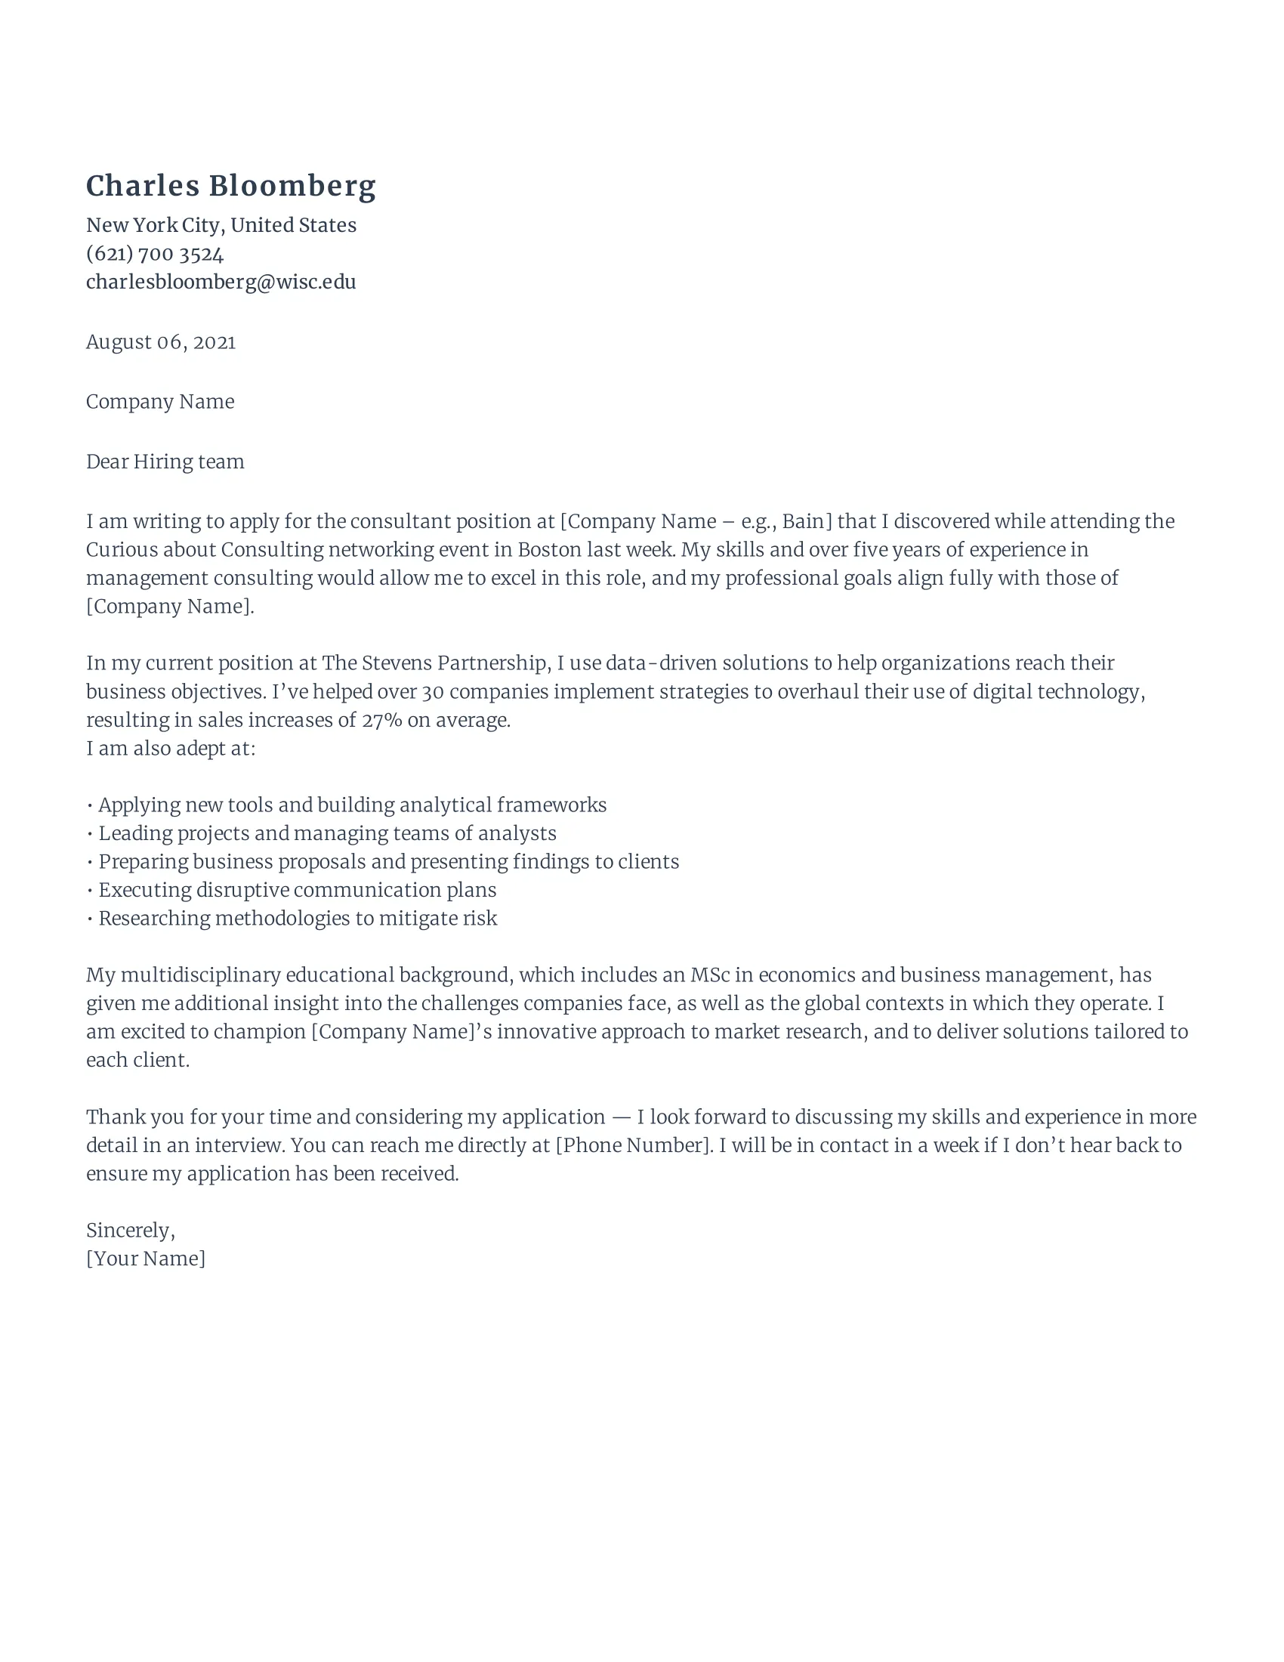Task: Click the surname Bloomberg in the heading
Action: (x=292, y=187)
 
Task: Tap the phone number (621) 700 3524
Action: (x=154, y=253)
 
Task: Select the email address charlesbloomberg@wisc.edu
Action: (x=221, y=283)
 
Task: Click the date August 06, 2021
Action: (x=160, y=342)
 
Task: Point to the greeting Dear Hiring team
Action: (x=165, y=462)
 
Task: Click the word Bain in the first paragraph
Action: (x=804, y=521)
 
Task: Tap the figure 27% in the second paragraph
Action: (x=381, y=720)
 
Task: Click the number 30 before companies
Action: (x=432, y=692)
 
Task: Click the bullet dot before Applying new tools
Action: (x=90, y=806)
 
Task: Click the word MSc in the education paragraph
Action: (x=709, y=975)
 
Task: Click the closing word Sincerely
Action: (x=129, y=1231)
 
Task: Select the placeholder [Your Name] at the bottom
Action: (x=145, y=1259)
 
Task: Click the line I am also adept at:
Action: (x=171, y=749)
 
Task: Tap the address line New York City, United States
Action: (x=221, y=225)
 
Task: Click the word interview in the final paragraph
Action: (x=237, y=1145)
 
